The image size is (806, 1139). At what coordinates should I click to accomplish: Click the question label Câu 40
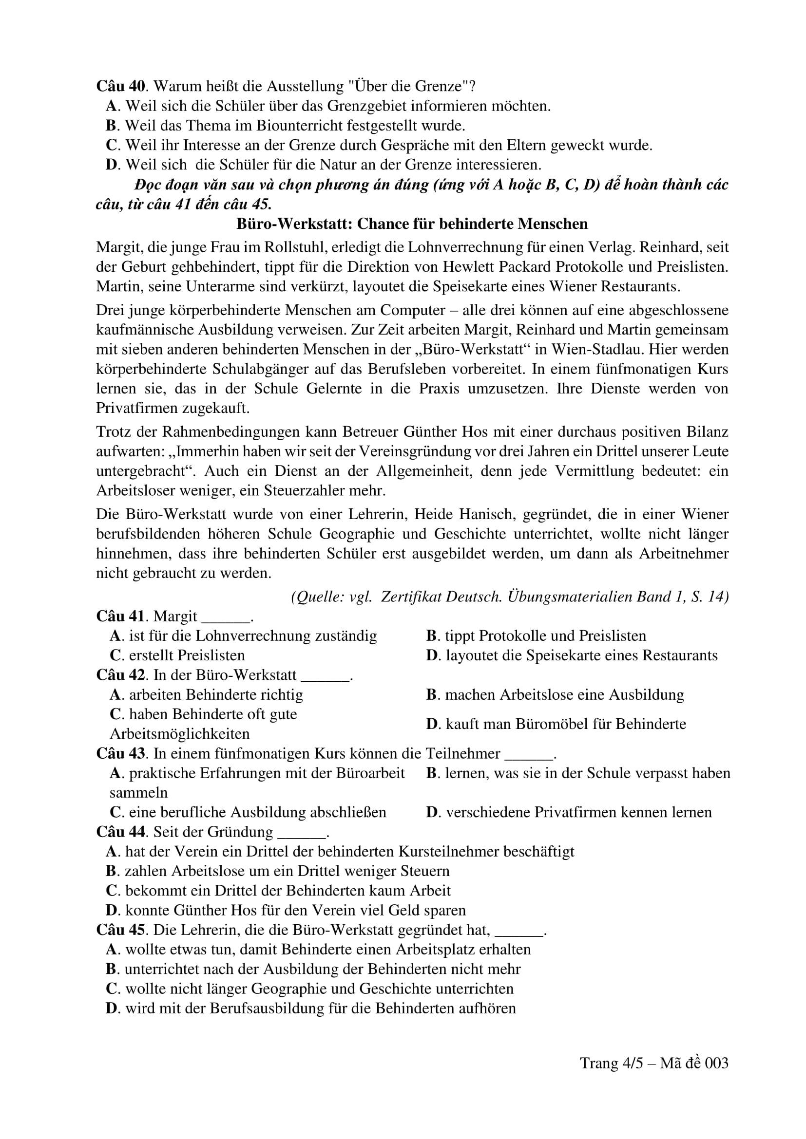(121, 86)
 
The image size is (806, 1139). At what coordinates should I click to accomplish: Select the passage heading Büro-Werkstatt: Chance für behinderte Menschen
(412, 224)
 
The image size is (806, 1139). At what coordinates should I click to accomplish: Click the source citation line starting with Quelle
(510, 597)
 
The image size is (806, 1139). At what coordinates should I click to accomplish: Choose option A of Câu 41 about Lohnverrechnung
(243, 636)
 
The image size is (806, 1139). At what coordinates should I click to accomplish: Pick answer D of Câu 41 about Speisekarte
(572, 655)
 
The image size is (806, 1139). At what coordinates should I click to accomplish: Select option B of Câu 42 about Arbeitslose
(555, 694)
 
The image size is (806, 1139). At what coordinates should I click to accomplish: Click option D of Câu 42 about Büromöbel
(556, 724)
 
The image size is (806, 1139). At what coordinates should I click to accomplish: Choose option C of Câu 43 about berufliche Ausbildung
(248, 812)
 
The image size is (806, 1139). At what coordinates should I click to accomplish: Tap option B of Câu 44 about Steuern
(277, 871)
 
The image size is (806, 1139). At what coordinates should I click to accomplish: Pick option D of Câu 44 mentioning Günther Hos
(286, 910)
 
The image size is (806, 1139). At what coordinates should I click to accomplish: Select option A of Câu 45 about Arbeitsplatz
(318, 950)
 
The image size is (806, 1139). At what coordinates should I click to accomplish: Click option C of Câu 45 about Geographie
(310, 989)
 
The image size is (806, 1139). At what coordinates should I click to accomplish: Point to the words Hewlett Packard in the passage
(501, 267)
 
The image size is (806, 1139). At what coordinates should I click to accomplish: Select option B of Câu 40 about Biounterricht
(286, 126)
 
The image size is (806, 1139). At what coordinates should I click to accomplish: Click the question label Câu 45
(121, 930)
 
